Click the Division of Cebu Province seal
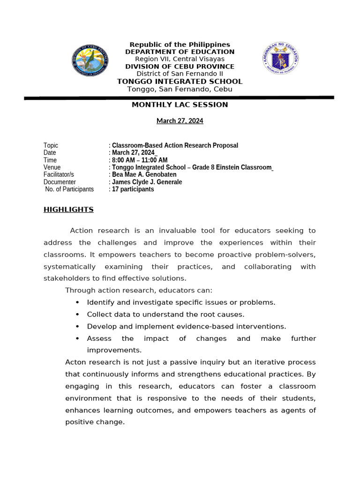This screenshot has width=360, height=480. (90, 60)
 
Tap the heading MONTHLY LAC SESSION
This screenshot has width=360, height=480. (180, 105)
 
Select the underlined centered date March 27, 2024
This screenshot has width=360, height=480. (180, 121)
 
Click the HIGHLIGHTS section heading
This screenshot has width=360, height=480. (68, 210)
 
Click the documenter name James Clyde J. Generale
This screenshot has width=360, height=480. (147, 182)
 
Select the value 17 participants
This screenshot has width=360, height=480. (133, 189)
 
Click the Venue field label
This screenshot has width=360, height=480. (52, 167)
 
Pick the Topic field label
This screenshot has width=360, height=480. (51, 145)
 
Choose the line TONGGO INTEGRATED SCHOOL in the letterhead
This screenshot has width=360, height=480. (180, 82)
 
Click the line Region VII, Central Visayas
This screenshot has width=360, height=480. (180, 59)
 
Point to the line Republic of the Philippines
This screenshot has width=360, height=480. (180, 45)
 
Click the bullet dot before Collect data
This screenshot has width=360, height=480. (77, 315)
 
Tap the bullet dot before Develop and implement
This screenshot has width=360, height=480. (77, 327)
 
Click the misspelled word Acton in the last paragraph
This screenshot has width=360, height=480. (75, 362)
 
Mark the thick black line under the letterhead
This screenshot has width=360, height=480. (180, 98)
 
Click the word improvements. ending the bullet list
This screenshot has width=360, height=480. (114, 350)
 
